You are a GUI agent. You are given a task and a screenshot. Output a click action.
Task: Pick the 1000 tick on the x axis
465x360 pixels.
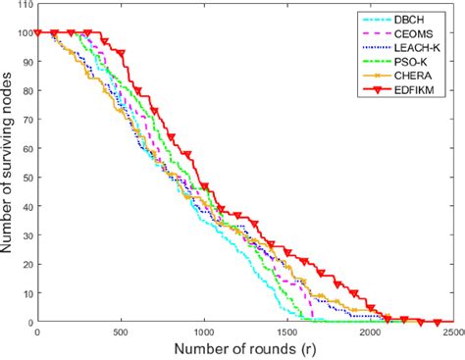coord(203,333)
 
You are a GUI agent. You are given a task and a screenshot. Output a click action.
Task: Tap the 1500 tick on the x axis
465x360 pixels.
coord(286,333)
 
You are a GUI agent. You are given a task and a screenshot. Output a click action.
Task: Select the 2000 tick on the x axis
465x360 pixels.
coord(370,333)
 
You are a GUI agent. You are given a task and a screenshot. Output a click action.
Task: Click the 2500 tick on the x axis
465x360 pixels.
coord(450,333)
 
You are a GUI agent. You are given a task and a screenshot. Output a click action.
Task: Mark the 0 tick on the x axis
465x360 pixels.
coord(37,333)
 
